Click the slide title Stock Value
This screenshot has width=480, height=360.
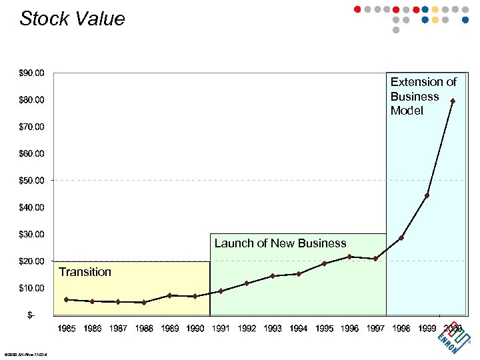click(x=72, y=19)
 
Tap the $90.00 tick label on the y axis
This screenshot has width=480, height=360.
click(x=32, y=73)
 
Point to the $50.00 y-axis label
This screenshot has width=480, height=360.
click(x=32, y=180)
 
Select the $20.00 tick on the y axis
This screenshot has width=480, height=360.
click(x=32, y=261)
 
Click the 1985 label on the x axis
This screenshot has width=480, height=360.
click(x=66, y=328)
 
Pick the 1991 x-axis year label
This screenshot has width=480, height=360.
click(x=221, y=328)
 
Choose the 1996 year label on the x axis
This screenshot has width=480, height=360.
click(x=349, y=328)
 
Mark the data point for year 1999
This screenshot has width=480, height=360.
click(x=427, y=195)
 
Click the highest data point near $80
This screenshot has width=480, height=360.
click(x=453, y=101)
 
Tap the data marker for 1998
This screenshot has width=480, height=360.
click(x=401, y=237)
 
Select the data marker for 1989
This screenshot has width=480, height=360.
click(x=169, y=295)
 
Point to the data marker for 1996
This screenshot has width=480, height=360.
click(x=349, y=257)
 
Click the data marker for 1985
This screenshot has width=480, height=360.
click(x=66, y=299)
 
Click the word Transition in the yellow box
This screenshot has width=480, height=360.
click(x=85, y=272)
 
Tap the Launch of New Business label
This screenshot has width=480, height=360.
click(x=280, y=243)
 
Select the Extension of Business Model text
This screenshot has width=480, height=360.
click(x=423, y=96)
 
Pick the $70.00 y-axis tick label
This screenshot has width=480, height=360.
click(x=32, y=127)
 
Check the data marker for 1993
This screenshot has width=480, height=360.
click(x=273, y=276)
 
